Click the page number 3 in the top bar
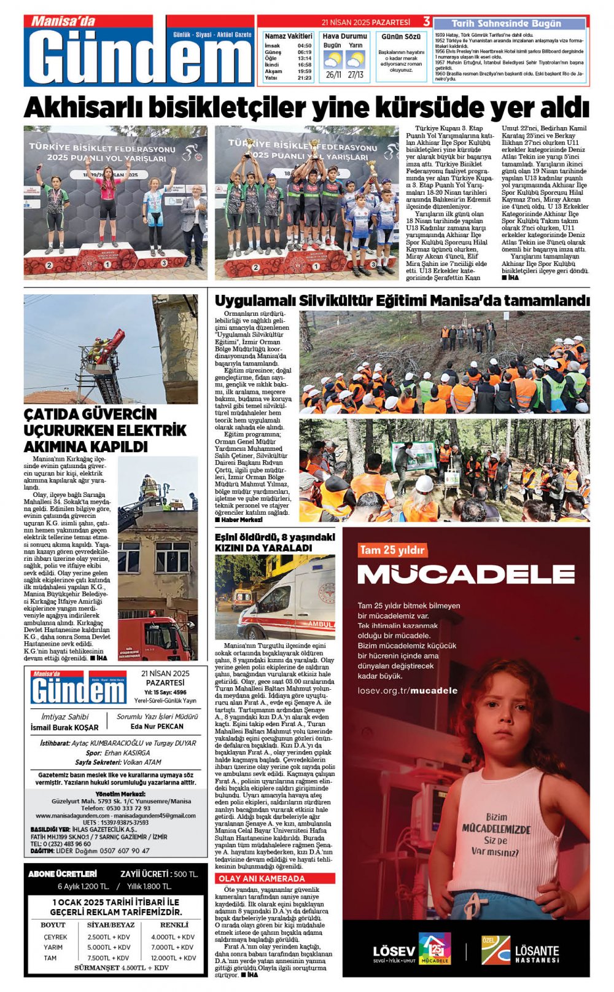pyautogui.click(x=427, y=22)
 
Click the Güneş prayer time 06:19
pyautogui.click(x=305, y=52)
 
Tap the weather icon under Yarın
pyautogui.click(x=355, y=60)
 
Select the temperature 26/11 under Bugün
pyautogui.click(x=333, y=75)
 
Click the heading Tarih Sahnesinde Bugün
pyautogui.click(x=507, y=23)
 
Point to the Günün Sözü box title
pyautogui.click(x=401, y=37)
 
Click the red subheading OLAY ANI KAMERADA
pyautogui.click(x=261, y=879)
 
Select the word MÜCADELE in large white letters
pyautogui.click(x=466, y=574)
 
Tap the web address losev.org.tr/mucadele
pyautogui.click(x=408, y=690)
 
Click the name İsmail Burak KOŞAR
pyautogui.click(x=64, y=727)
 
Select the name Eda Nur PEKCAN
pyautogui.click(x=157, y=726)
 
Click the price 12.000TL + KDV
pyautogui.click(x=174, y=958)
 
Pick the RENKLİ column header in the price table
pyautogui.click(x=174, y=924)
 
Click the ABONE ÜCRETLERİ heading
pyautogui.click(x=63, y=873)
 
